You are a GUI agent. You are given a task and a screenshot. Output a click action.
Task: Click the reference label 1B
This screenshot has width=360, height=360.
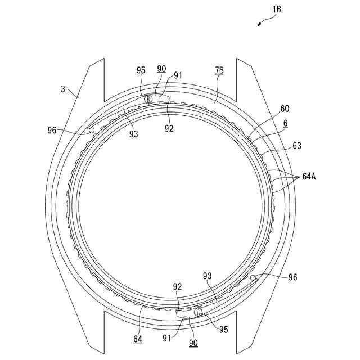(x=277, y=10)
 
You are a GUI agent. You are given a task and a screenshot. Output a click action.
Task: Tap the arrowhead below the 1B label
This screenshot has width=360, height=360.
(x=259, y=25)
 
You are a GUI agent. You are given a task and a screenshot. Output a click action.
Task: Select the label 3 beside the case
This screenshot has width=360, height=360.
(x=63, y=89)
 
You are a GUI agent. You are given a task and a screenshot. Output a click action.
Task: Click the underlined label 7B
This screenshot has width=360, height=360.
(x=219, y=70)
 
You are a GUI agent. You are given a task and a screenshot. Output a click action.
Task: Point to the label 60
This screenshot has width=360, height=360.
(x=285, y=109)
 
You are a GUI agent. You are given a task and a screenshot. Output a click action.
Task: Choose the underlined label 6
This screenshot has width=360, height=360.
(x=285, y=123)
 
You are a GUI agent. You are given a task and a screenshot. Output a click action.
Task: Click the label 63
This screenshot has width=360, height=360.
(x=297, y=145)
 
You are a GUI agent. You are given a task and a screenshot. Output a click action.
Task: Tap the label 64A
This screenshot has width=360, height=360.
(x=309, y=177)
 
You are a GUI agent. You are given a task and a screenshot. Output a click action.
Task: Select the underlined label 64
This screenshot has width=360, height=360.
(x=138, y=339)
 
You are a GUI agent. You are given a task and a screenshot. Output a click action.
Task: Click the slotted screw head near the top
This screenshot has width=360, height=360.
(x=148, y=99)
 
